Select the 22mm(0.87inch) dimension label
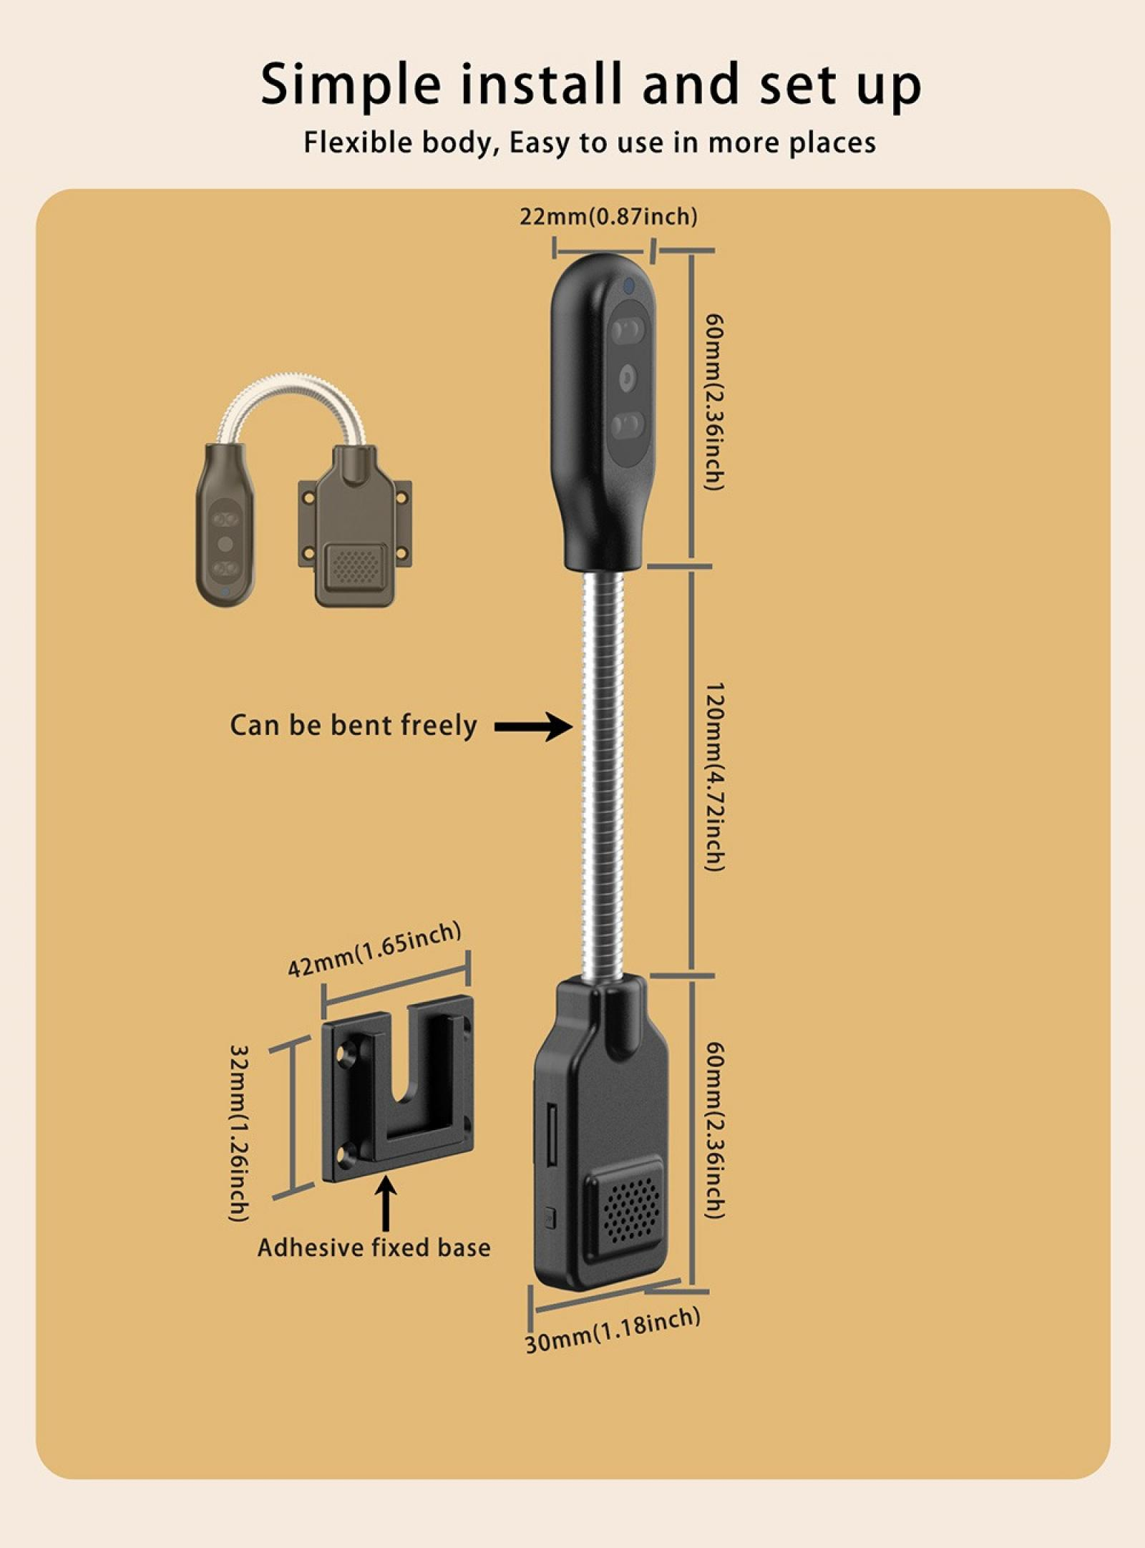click(x=608, y=216)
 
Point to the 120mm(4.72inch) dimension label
click(x=715, y=777)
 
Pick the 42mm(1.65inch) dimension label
click(x=374, y=949)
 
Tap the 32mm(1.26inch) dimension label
click(x=239, y=1134)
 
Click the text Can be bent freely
click(x=353, y=726)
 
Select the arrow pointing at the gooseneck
click(x=533, y=726)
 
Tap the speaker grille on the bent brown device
click(x=355, y=566)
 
